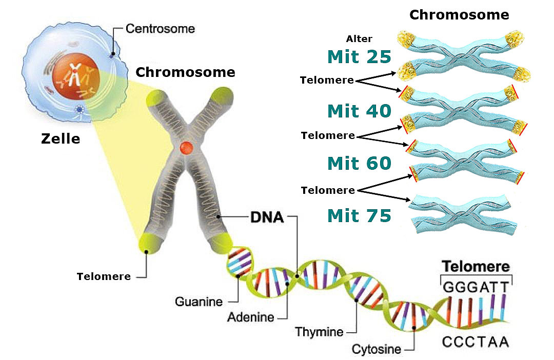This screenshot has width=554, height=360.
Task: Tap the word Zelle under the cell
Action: click(x=61, y=138)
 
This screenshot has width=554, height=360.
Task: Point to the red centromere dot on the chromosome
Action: click(x=186, y=148)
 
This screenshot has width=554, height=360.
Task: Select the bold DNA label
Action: click(x=267, y=217)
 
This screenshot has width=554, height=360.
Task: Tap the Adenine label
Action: click(x=251, y=317)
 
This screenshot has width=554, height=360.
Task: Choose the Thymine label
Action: click(x=319, y=332)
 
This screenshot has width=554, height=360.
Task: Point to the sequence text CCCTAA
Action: click(x=476, y=342)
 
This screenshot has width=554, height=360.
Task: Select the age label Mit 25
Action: click(x=359, y=56)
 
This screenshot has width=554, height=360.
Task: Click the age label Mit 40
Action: click(x=359, y=110)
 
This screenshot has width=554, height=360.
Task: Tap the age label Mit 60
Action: click(x=359, y=164)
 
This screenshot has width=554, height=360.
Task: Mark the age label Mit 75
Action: click(x=359, y=216)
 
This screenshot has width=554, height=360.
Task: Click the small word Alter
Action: click(x=359, y=39)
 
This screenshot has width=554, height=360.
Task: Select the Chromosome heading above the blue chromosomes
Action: click(x=459, y=14)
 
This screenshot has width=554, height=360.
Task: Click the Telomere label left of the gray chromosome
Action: click(x=104, y=276)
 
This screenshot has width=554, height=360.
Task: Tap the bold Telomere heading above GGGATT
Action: click(x=476, y=267)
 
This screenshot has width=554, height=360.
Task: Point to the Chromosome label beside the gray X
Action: click(x=185, y=72)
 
